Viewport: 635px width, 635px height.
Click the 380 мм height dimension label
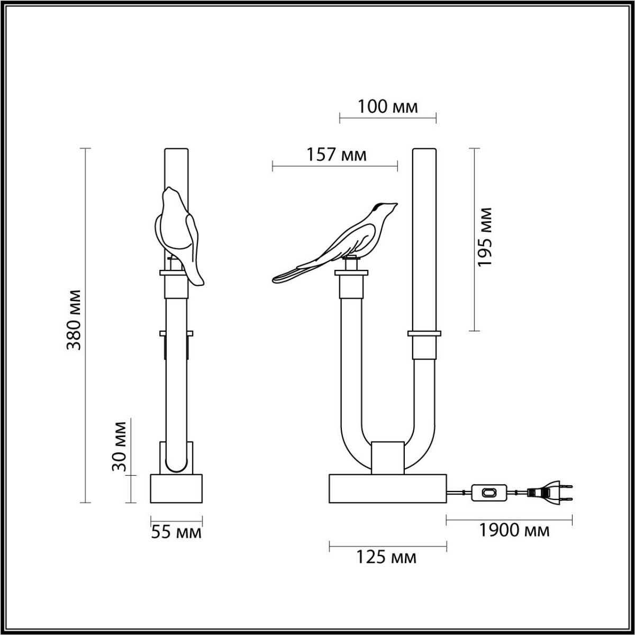click(74, 320)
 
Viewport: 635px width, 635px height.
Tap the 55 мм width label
click(176, 532)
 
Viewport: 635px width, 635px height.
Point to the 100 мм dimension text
click(387, 107)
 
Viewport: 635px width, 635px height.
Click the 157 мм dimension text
click(336, 155)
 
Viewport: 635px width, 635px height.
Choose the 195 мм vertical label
click(484, 237)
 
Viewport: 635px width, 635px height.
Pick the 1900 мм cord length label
click(514, 530)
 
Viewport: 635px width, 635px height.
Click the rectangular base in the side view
click(176, 488)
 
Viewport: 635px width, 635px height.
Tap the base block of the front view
click(388, 488)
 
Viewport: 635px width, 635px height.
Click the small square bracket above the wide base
click(388, 457)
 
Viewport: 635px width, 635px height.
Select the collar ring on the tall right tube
click(424, 334)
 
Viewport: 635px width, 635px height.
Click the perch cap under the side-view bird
click(351, 273)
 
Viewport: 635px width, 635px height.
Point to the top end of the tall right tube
click(424, 151)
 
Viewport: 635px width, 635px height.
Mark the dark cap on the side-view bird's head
click(379, 206)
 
